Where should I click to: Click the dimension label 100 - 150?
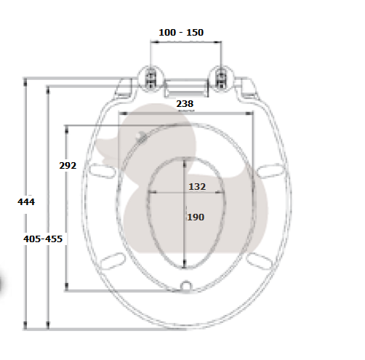tap(181, 33)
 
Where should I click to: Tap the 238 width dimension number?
tap(185, 104)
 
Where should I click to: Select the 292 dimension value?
tap(68, 166)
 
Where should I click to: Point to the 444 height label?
tap(26, 201)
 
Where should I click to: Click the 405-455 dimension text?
tap(43, 239)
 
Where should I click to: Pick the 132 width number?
tap(197, 187)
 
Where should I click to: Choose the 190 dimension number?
tap(196, 217)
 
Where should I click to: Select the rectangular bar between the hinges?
tap(186, 88)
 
